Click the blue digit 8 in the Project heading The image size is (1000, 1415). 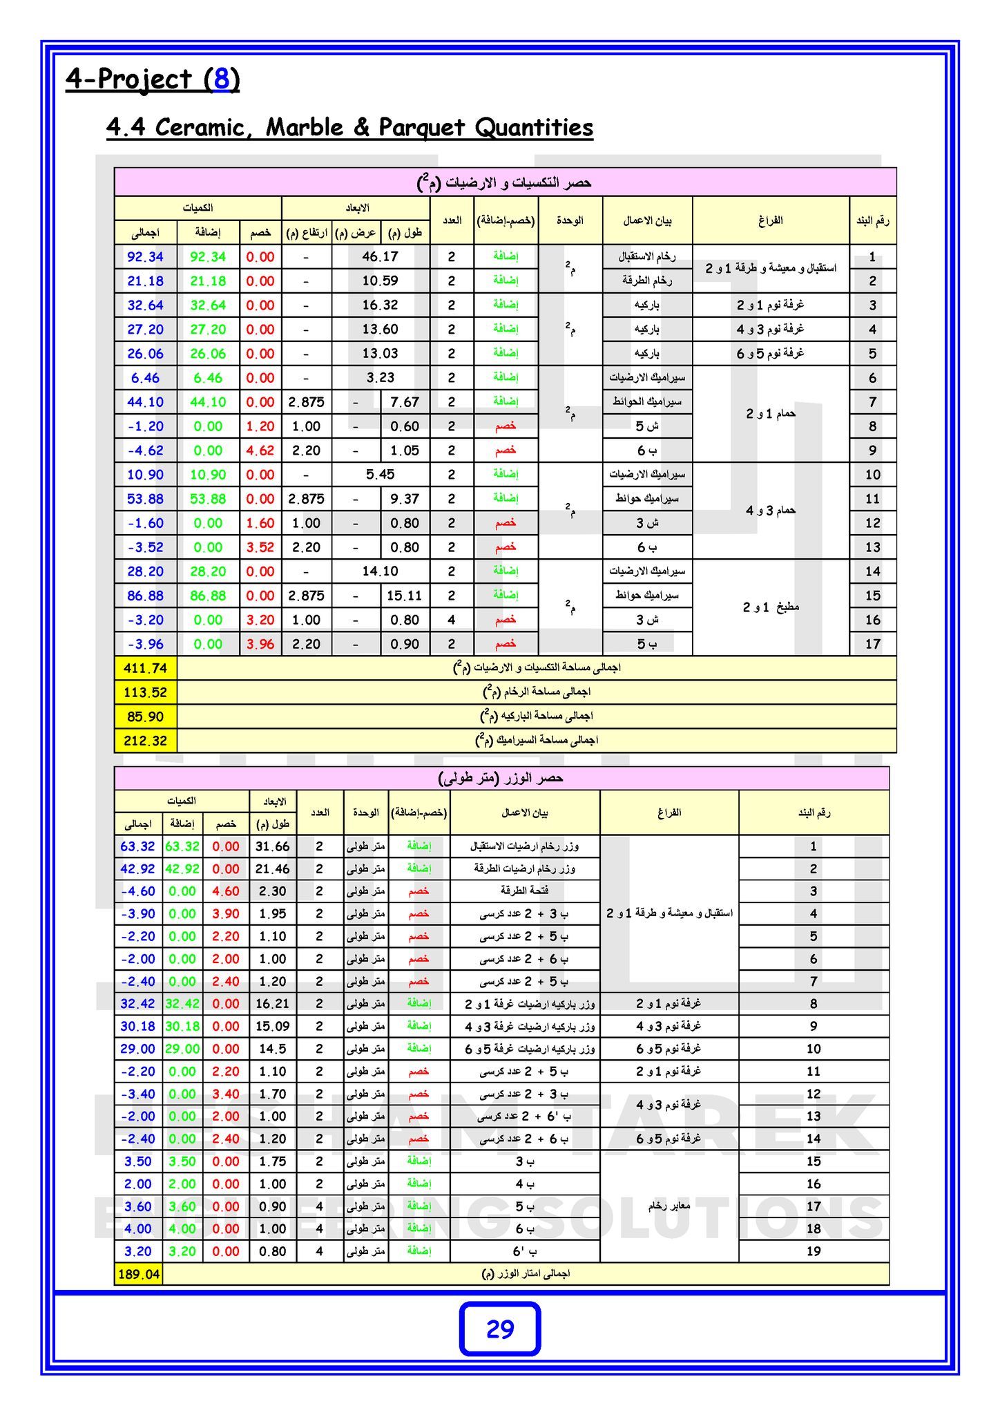tap(221, 79)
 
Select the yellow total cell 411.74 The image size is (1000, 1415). tap(145, 668)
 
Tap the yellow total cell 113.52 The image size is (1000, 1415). tap(145, 692)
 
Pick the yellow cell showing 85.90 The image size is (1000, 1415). tap(145, 716)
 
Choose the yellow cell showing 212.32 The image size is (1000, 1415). tap(145, 741)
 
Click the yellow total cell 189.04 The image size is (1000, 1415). tap(139, 1274)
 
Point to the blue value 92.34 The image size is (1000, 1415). tap(145, 257)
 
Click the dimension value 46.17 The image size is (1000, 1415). tap(381, 257)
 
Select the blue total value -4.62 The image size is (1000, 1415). tap(145, 450)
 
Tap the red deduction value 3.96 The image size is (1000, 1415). tap(260, 644)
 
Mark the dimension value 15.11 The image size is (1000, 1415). tap(405, 596)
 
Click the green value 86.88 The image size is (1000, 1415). tap(208, 596)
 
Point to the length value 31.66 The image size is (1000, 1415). tap(272, 846)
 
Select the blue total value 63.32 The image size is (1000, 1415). tap(137, 846)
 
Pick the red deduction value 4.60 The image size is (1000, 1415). tap(226, 891)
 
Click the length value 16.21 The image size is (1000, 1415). tap(272, 1003)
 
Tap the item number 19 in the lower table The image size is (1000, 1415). tap(814, 1251)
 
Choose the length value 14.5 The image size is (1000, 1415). tap(272, 1049)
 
